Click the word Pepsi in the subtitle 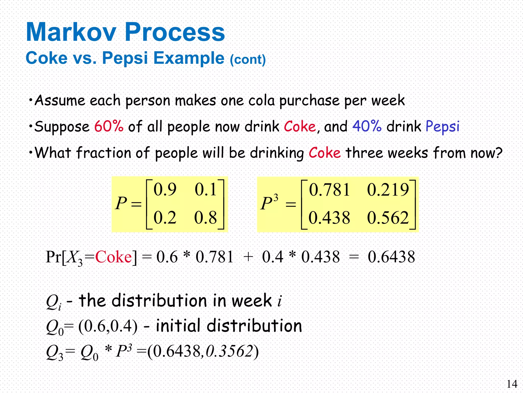click(125, 58)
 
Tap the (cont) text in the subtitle click(248, 60)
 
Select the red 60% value click(109, 126)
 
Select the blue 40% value click(367, 126)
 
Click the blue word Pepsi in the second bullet click(442, 127)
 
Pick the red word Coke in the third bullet click(324, 153)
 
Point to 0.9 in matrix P click(165, 190)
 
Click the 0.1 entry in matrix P click(206, 190)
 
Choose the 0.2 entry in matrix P click(165, 218)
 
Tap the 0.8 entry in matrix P click(206, 218)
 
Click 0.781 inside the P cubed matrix click(329, 190)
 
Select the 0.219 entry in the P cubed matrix click(388, 190)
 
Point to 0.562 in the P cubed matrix click(388, 218)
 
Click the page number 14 click(512, 384)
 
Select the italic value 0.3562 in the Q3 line click(229, 351)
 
